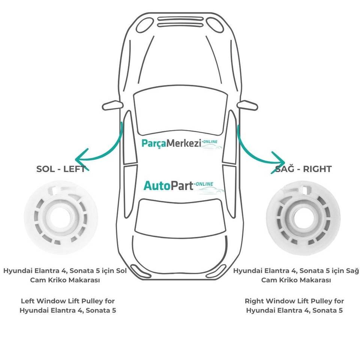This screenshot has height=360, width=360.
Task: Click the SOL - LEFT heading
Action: point(61,169)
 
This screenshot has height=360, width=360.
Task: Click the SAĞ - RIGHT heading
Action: point(303,169)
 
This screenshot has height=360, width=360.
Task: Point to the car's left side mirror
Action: point(115,105)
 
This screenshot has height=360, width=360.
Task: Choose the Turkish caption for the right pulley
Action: point(296,275)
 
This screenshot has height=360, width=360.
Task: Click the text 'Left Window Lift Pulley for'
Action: point(67,301)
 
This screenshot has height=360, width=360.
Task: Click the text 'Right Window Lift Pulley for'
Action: point(294,301)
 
